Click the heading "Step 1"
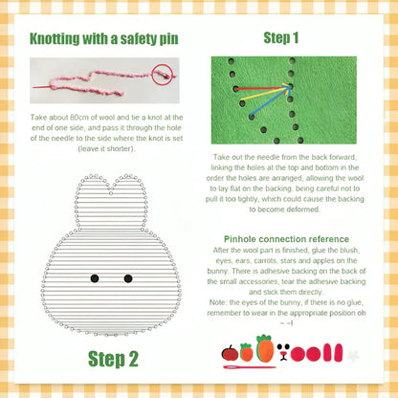click(281, 38)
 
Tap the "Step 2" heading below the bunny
click(113, 359)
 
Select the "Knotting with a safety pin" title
click(104, 39)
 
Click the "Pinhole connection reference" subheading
click(286, 239)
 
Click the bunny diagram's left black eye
click(95, 278)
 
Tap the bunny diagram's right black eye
click(128, 278)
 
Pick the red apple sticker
click(230, 353)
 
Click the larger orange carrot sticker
click(265, 348)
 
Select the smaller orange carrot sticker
click(246, 352)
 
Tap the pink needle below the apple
click(250, 367)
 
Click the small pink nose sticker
click(283, 353)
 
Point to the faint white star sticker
click(353, 356)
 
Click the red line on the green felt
click(263, 88)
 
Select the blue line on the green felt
click(271, 100)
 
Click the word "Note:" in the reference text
click(218, 302)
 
